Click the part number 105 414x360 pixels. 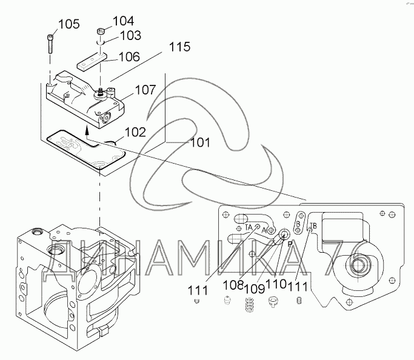point(68,24)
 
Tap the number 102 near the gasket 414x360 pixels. point(135,131)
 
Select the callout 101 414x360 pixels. point(199,143)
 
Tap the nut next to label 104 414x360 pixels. point(101,31)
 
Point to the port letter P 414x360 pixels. point(290,243)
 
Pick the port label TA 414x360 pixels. point(249,227)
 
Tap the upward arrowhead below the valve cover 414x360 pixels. point(87,128)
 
